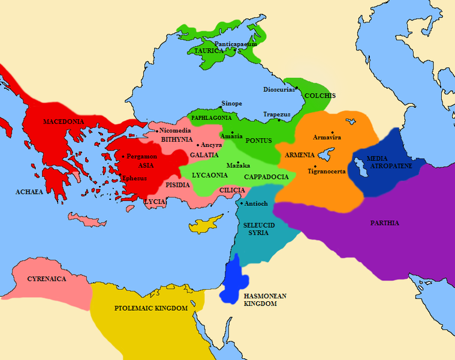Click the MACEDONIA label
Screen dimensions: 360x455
(63, 122)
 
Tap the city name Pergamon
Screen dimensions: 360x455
(143, 156)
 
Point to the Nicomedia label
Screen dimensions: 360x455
(175, 130)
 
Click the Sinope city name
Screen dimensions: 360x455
(231, 103)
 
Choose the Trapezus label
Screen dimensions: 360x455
(276, 114)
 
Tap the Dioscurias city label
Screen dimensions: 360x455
(279, 89)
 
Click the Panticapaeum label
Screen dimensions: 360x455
(236, 44)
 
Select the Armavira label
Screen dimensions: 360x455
(327, 137)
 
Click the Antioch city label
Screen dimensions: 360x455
(257, 203)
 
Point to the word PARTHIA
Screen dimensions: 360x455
(384, 223)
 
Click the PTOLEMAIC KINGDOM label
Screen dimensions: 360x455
(151, 308)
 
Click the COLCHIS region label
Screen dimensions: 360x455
(320, 95)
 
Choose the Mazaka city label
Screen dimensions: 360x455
(237, 165)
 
